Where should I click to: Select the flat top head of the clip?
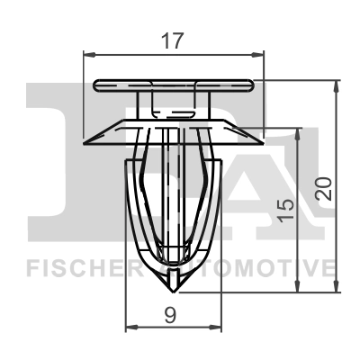click(x=173, y=84)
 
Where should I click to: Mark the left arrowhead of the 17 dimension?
click(x=88, y=54)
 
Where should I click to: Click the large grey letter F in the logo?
click(x=54, y=162)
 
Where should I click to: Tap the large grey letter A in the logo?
click(x=270, y=180)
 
